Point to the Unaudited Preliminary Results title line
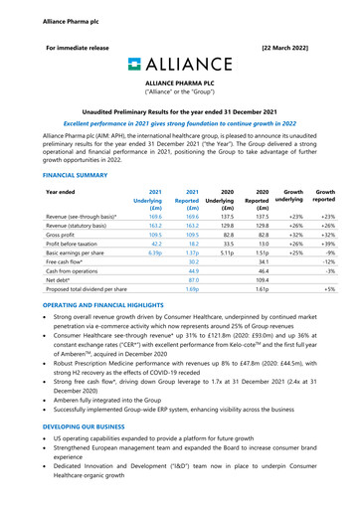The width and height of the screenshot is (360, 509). (180, 116)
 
